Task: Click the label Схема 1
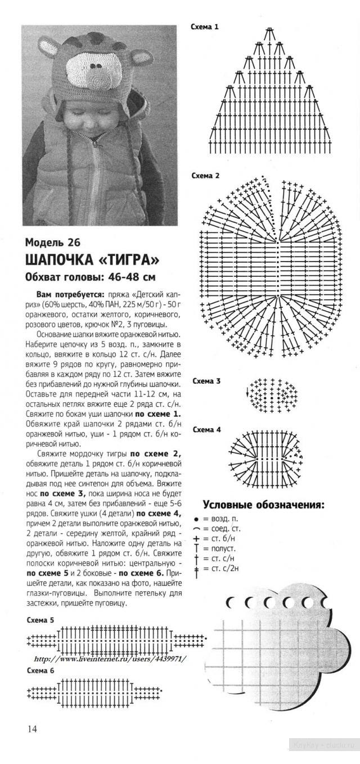tap(205, 26)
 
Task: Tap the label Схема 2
tap(205, 176)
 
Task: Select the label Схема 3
tap(206, 381)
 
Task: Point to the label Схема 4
tap(206, 429)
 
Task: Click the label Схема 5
tap(40, 620)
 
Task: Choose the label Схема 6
tap(40, 671)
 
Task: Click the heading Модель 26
tap(53, 243)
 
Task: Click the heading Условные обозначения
tap(263, 505)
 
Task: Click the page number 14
tap(32, 729)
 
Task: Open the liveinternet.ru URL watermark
tap(110, 659)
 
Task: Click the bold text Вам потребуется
tap(70, 294)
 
